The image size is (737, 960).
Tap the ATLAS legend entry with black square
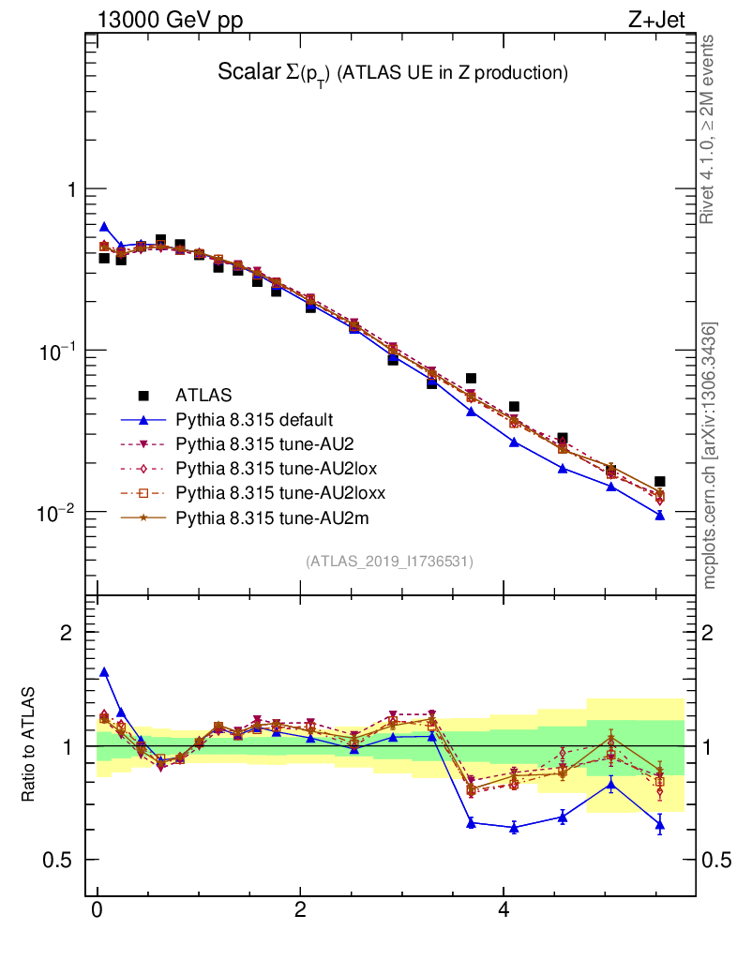click(x=203, y=395)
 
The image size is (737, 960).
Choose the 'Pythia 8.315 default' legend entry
click(x=254, y=419)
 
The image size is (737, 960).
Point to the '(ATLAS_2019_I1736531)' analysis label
click(x=389, y=562)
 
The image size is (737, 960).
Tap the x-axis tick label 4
click(x=504, y=910)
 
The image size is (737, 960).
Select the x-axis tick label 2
click(x=300, y=910)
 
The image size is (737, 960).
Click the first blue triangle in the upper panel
click(x=104, y=227)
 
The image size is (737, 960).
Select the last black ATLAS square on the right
click(x=660, y=481)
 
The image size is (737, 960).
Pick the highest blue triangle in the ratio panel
click(x=104, y=672)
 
